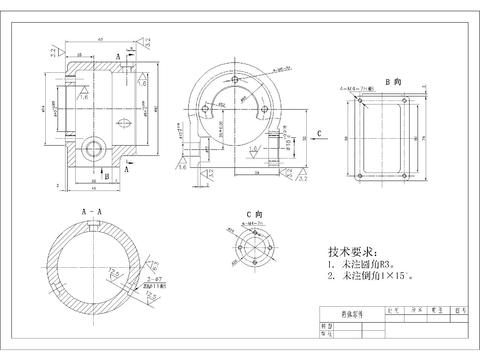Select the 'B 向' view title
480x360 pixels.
(396, 78)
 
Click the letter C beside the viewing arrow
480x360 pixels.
(317, 131)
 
